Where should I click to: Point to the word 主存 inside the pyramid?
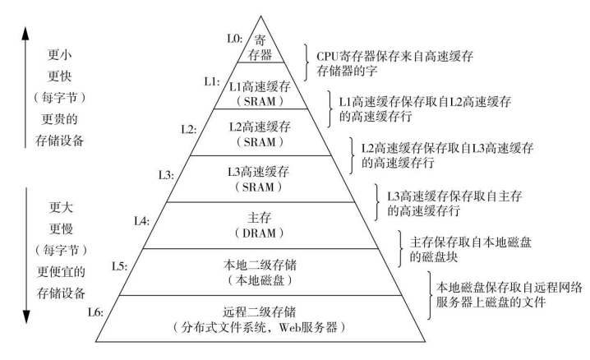click(258, 218)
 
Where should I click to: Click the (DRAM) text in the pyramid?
click(258, 233)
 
